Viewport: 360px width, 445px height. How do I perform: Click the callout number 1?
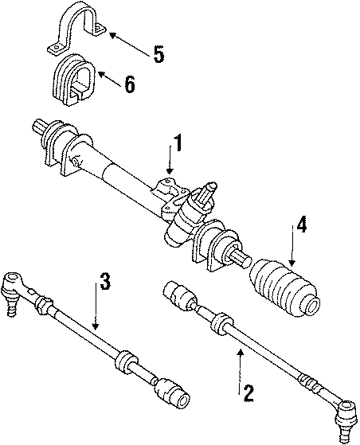tap(179, 145)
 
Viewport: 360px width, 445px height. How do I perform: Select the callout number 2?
tap(248, 392)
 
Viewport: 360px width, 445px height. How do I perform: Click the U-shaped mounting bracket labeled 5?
tap(78, 32)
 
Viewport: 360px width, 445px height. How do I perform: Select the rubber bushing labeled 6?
tap(74, 79)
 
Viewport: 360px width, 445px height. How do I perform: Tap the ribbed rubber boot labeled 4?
tap(285, 290)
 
